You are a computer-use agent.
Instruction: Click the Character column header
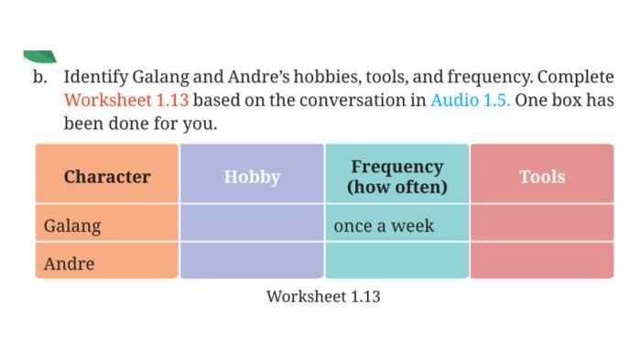pos(107,176)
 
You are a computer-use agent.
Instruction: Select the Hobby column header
pos(252,176)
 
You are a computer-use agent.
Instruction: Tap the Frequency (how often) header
pos(397,176)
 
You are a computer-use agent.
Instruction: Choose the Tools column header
pos(542,176)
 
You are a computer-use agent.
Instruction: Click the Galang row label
pos(72,226)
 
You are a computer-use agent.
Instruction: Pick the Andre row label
pos(69,264)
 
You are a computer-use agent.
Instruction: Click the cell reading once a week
pos(384,226)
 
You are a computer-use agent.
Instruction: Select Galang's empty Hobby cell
pos(252,223)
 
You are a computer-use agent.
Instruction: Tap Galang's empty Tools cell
pos(542,223)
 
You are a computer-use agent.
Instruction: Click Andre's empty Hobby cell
pos(252,260)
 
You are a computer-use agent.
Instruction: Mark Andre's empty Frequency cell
pos(397,260)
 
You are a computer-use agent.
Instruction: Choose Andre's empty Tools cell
pos(542,260)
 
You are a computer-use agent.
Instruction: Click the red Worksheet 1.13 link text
pos(126,100)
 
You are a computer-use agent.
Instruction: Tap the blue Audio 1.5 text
pos(470,100)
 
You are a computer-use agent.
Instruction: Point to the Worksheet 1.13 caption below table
pos(323,297)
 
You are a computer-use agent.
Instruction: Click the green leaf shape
pos(39,57)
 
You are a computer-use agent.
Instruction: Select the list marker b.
pos(39,77)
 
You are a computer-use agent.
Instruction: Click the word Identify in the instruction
pos(95,77)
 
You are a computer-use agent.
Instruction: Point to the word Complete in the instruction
pos(575,77)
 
